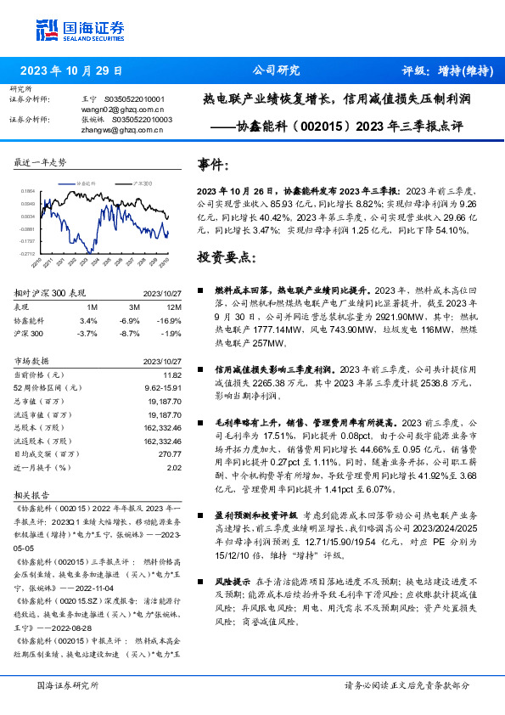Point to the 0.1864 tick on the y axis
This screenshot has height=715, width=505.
29,192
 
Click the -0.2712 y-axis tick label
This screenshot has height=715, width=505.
28,253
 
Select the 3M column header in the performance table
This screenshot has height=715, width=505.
134,306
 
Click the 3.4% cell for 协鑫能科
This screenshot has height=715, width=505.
88,320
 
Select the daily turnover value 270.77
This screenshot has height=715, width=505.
170,454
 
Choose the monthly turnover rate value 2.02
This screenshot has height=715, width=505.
174,468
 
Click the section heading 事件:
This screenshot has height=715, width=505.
213,164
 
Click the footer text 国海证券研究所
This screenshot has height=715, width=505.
68,684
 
